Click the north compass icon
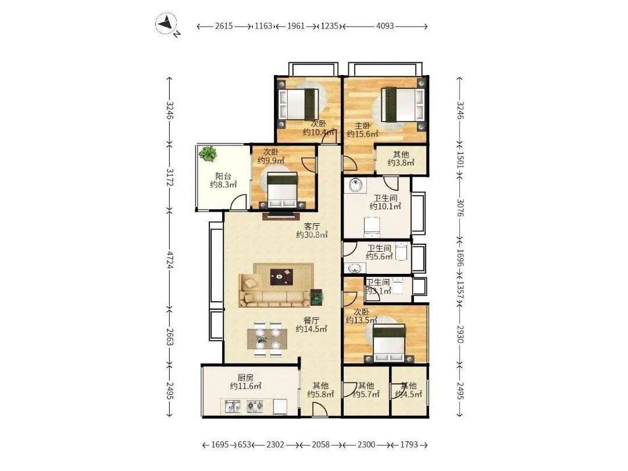166,24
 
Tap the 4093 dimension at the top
385,26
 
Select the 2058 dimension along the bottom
321,445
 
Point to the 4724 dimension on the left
170,261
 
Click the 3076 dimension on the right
460,208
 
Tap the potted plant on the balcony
208,154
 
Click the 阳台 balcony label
223,176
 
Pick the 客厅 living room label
312,226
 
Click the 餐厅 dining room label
312,320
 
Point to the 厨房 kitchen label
245,378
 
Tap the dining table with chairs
267,339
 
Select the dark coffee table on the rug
281,277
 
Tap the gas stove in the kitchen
255,406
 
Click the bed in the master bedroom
402,105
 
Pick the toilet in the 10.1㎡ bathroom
372,226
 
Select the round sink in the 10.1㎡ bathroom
355,185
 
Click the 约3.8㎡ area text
401,163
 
